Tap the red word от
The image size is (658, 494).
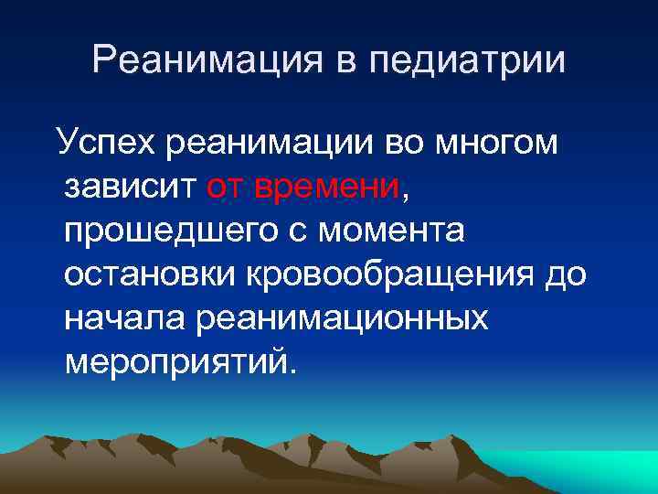tap(228, 188)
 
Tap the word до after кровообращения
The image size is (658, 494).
tap(567, 275)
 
